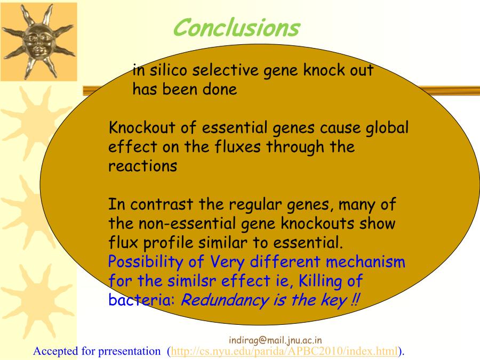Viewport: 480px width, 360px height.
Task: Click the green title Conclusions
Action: pyautogui.click(x=236, y=28)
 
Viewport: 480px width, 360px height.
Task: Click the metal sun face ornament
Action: pyautogui.click(x=38, y=41)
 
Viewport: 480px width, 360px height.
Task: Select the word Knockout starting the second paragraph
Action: pyautogui.click(x=142, y=127)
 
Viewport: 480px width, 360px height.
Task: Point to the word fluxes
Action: pyautogui.click(x=237, y=147)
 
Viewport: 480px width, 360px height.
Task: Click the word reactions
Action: pyautogui.click(x=142, y=166)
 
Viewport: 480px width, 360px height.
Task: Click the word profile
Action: pyautogui.click(x=168, y=243)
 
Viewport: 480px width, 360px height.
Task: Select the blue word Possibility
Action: pyautogui.click(x=146, y=262)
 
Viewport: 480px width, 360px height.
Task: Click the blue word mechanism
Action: pyautogui.click(x=365, y=262)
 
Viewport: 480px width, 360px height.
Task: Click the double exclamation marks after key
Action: pyautogui.click(x=355, y=300)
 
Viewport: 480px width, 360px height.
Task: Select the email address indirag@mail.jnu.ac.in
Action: pyautogui.click(x=275, y=340)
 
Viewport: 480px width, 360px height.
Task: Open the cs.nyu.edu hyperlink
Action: pyautogui.click(x=284, y=351)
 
